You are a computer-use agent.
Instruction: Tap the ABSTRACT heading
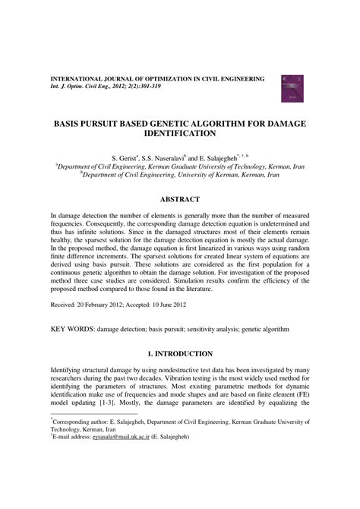tap(180, 200)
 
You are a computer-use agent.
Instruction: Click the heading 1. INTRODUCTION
tap(180, 354)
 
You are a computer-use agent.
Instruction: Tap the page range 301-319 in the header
tap(152, 87)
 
